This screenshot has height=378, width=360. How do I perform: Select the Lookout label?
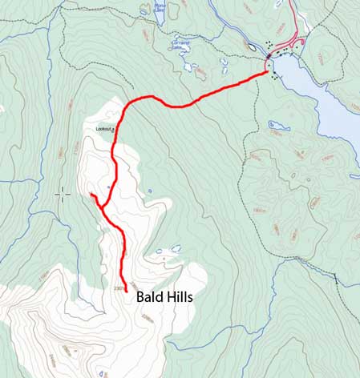click(x=103, y=128)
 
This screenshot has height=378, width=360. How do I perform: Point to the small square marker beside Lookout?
click(x=115, y=129)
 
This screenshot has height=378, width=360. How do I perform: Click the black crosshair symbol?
click(x=63, y=194)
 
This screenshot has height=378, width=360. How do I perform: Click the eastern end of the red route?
click(x=266, y=73)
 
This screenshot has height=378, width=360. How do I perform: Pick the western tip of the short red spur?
click(x=91, y=194)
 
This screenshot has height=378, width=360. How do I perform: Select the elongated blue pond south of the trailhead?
click(x=280, y=125)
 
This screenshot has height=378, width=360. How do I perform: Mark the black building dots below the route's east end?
click(x=275, y=78)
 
